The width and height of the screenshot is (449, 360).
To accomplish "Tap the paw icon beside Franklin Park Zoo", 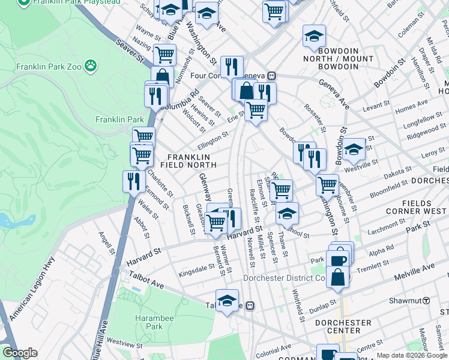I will click(91, 65).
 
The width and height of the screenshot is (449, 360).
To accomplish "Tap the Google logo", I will click(20, 353).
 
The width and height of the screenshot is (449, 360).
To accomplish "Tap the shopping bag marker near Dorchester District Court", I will click(339, 277).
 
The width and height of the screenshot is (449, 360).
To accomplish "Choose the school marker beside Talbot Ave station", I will click(227, 301).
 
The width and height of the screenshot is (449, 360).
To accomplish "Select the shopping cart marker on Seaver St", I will click(164, 55).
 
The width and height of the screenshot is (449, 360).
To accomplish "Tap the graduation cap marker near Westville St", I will click(354, 149).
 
